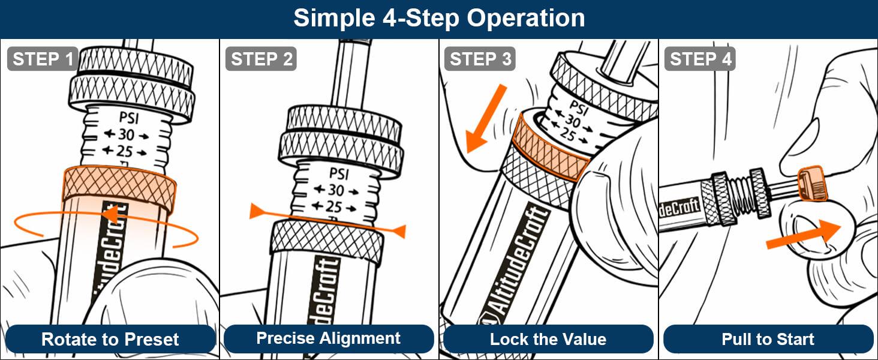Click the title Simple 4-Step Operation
coord(439,18)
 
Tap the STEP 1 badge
coord(43,59)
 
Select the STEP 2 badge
coord(261,59)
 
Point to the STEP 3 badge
coord(480,59)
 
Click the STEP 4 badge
coord(700,59)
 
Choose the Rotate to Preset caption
coord(110,339)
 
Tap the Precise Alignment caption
coord(329,338)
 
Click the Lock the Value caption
coord(548,339)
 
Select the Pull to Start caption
coord(768,339)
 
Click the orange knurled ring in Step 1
coord(119,187)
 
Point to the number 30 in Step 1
coord(126,135)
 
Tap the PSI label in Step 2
coord(339,173)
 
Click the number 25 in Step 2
coord(333,206)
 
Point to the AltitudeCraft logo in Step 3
coord(513,266)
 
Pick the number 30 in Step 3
coord(573,121)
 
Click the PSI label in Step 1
coord(129,118)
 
